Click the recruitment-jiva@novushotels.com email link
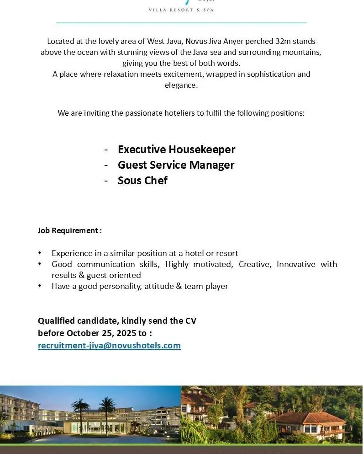coord(109,346)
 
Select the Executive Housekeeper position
coord(176,150)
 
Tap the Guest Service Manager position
coord(176,165)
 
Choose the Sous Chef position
coord(142,181)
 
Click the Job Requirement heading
coord(69,230)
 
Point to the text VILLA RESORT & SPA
coord(181,10)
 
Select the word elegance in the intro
coord(181,85)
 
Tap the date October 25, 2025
coord(101,333)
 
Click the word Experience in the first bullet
coord(71,253)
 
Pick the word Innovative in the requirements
coord(296,264)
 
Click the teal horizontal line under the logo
coord(181,22)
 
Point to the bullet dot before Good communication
coord(40,264)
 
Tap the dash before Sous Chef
coord(106,181)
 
